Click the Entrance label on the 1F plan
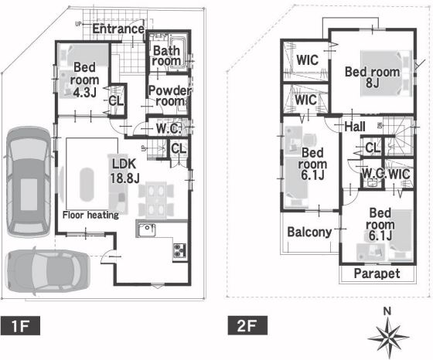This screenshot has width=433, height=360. (x=118, y=29)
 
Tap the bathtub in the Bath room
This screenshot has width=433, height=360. (x=179, y=52)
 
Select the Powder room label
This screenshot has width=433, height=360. (x=169, y=96)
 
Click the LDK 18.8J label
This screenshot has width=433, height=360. (x=124, y=171)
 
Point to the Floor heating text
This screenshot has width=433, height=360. (x=90, y=215)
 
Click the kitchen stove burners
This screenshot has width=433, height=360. (x=179, y=250)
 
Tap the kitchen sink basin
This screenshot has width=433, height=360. (x=147, y=230)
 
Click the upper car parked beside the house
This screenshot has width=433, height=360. (x=29, y=182)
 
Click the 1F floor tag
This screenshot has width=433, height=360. (x=20, y=325)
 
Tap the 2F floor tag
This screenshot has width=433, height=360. (x=247, y=325)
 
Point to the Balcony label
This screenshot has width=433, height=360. (x=309, y=232)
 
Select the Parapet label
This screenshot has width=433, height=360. (x=377, y=273)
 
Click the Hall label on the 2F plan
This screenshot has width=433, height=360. (x=355, y=127)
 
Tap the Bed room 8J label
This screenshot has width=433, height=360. (x=372, y=77)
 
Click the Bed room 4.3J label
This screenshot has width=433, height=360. (x=84, y=80)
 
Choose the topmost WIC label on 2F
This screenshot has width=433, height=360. (x=308, y=59)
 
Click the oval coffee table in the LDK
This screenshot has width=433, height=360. (x=87, y=185)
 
